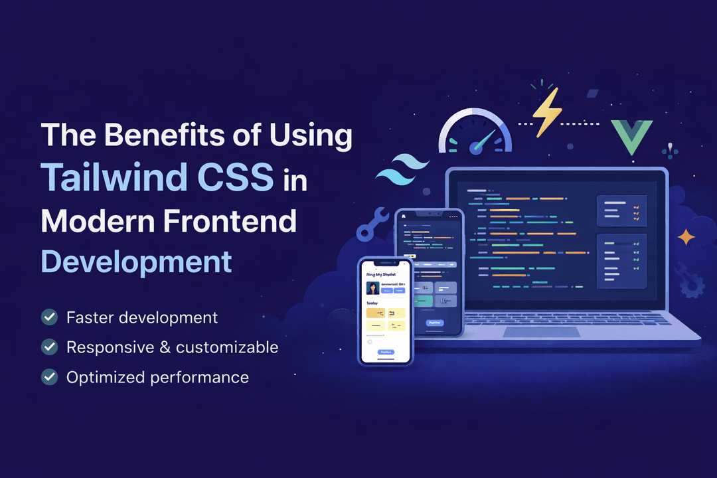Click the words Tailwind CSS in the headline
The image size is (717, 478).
coord(157,177)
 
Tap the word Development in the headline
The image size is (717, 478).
coord(137,261)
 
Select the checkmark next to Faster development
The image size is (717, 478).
coord(49,317)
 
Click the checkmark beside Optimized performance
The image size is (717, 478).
coord(49,377)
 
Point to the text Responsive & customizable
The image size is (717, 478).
coord(172,347)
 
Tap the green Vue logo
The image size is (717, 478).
coord(631,135)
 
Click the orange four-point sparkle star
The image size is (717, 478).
coord(686,237)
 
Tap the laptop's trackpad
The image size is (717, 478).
coord(540,332)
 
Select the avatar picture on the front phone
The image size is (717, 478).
coord(372,288)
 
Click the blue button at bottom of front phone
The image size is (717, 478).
coord(385,352)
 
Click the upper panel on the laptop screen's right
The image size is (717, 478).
coord(621,211)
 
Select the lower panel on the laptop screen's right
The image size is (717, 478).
coord(621,261)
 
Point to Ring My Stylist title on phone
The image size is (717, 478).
coord(380,273)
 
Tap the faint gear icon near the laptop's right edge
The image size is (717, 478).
coord(689,279)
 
